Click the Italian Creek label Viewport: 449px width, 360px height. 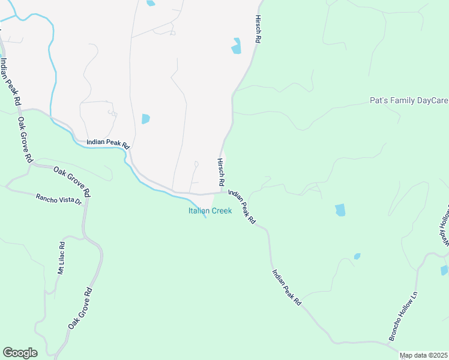(x=210, y=211)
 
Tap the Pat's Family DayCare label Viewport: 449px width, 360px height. (x=408, y=100)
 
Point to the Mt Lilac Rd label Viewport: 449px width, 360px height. (x=61, y=259)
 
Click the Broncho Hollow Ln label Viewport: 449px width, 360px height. (x=403, y=316)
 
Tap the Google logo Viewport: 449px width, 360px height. (x=20, y=353)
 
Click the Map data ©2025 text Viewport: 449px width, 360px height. (x=424, y=355)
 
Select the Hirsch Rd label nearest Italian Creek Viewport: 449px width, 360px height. (x=220, y=172)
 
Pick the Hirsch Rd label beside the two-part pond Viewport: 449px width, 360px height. (x=258, y=29)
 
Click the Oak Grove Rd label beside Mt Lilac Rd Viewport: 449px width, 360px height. (x=80, y=308)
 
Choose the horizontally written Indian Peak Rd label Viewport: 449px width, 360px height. (x=108, y=144)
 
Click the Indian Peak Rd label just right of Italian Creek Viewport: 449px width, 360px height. (x=242, y=208)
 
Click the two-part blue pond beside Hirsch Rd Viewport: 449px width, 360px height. (x=237, y=46)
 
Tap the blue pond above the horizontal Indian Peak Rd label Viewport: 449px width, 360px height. (x=145, y=119)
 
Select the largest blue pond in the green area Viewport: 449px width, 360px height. (x=340, y=210)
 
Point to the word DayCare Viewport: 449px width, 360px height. (x=432, y=100)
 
